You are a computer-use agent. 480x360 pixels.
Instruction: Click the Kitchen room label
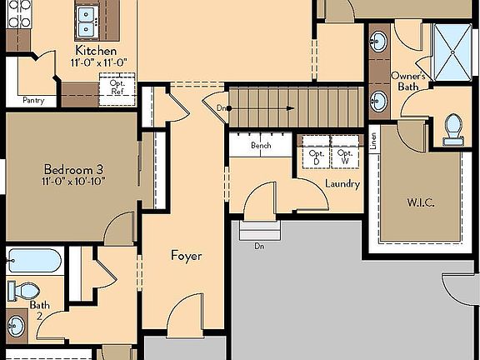click(x=96, y=51)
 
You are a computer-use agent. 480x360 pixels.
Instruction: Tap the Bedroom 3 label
click(x=74, y=169)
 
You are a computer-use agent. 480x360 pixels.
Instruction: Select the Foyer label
click(x=186, y=256)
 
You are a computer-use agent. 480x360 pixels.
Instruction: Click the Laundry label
click(x=342, y=183)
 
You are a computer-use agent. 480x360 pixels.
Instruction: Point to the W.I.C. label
click(x=421, y=202)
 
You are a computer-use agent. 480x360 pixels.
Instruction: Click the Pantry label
click(x=33, y=100)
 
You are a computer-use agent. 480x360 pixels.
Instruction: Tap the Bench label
click(x=261, y=145)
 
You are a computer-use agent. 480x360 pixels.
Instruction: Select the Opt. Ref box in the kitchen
click(x=117, y=89)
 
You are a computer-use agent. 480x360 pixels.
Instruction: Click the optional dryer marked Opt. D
click(x=316, y=152)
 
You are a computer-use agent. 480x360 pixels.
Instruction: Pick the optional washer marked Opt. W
click(x=345, y=152)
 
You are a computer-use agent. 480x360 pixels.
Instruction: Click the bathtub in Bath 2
click(x=34, y=261)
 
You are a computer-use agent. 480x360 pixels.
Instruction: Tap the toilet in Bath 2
click(x=24, y=291)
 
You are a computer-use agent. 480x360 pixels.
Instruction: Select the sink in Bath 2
click(x=16, y=326)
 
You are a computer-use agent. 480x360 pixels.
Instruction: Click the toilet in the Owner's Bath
click(x=453, y=129)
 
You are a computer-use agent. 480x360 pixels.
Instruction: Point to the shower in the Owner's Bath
click(x=452, y=52)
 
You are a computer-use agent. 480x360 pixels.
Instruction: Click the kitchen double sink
click(x=87, y=22)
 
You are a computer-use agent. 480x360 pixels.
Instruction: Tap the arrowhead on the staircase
click(x=291, y=108)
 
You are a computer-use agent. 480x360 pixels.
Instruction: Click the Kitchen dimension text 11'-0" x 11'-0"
click(x=99, y=62)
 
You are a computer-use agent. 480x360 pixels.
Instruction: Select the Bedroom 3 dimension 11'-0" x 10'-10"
click(x=73, y=181)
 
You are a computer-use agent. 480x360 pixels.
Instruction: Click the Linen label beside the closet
click(x=373, y=141)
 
